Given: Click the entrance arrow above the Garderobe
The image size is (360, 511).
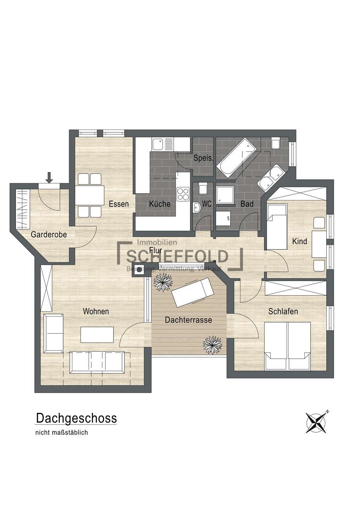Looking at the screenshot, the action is pos(49,178).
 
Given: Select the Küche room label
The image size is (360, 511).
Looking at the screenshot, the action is pos(160,204).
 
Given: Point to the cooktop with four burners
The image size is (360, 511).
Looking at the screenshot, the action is pos(183,194).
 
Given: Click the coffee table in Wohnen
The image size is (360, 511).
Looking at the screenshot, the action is pos(97,335).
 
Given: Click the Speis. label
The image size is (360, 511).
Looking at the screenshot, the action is pos(203,158).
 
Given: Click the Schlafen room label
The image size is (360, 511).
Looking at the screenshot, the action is pos(283,312).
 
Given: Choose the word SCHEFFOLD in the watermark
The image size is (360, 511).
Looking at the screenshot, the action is pos(177,257).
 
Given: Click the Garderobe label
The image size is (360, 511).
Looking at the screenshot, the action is pos(49,235).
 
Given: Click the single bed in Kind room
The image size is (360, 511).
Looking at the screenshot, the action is pos(277,227).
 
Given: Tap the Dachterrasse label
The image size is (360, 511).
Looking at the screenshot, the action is pos(188,320).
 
